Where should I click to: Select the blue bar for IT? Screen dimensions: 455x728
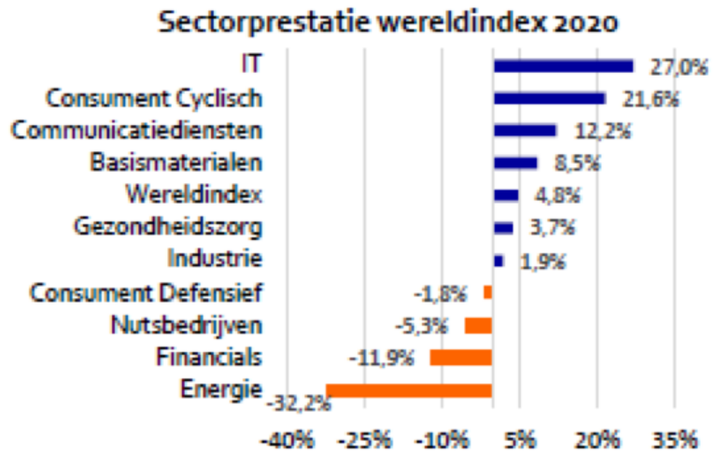coord(563,65)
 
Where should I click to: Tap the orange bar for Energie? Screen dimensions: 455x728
coord(409,391)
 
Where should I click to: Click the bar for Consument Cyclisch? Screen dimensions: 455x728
coord(549,98)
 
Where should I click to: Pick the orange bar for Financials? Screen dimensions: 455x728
coord(460,358)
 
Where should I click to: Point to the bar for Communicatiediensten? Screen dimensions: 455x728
coord(525,131)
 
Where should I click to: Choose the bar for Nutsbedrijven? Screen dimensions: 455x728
coord(478,325)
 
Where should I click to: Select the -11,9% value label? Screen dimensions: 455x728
coord(381,358)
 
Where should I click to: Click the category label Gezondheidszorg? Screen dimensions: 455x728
coord(167,227)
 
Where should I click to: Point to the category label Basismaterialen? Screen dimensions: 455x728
coord(176,162)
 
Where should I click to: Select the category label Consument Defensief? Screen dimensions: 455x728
coord(147,292)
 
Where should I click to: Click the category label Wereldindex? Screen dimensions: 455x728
coord(193,194)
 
